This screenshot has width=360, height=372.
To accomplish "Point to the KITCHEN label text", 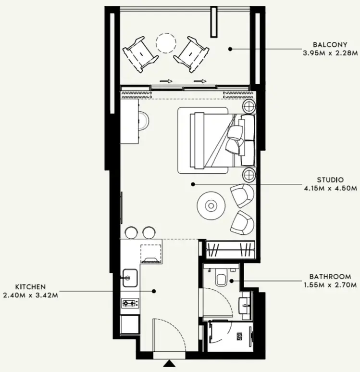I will point(31,287).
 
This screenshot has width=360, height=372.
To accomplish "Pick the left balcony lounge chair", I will point(140,53).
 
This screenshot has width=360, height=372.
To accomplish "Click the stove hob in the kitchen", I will point(130,303).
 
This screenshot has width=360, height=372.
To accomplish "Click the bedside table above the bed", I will point(249,107).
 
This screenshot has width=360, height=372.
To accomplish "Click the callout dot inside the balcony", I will point(231,49).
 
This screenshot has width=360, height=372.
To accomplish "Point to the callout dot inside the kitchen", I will point(154,291).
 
